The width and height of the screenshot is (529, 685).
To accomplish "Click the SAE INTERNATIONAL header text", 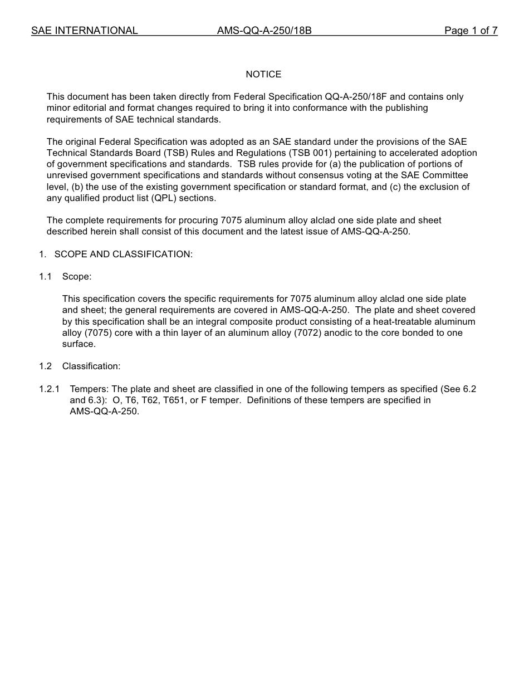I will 84,31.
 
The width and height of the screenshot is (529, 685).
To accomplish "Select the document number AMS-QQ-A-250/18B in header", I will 264,31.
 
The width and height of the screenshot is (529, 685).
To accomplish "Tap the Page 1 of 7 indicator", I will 471,31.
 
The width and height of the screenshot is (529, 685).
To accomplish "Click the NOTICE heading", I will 263,74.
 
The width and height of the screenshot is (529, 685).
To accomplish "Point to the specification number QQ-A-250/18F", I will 356,97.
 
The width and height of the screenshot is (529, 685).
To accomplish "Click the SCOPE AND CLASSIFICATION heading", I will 123,254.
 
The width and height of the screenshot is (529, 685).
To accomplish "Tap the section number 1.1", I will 45,277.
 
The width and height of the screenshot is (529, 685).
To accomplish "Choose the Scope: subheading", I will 77,277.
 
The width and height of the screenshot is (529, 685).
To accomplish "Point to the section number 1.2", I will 45,366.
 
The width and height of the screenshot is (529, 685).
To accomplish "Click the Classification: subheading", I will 91,366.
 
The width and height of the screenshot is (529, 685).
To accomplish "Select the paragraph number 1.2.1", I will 49,389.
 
